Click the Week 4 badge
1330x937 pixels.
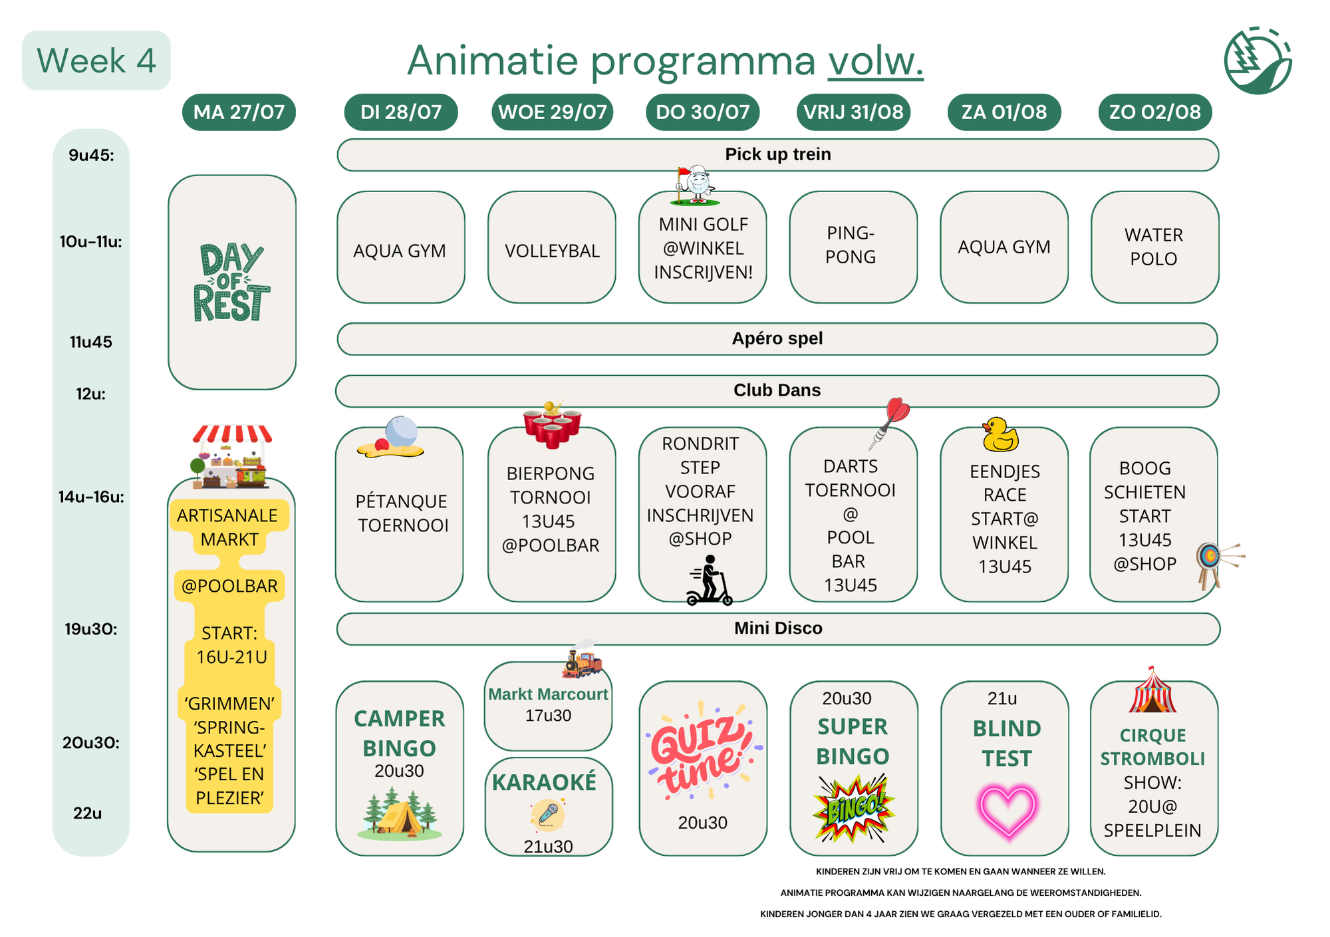tap(96, 61)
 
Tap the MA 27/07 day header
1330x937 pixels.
tap(239, 112)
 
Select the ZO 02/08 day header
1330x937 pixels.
tap(1155, 112)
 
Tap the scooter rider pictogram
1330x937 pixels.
tap(710, 581)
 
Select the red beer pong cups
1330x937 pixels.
tap(552, 425)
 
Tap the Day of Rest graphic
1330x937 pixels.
tap(231, 283)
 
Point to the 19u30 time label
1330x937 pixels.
tap(91, 629)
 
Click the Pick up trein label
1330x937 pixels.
tap(778, 154)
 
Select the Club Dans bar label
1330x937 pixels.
tap(777, 390)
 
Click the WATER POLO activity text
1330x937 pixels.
tap(1154, 247)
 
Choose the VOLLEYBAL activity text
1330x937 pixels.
tap(552, 251)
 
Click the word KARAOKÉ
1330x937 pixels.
tap(544, 783)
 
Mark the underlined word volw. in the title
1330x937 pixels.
tap(875, 61)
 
